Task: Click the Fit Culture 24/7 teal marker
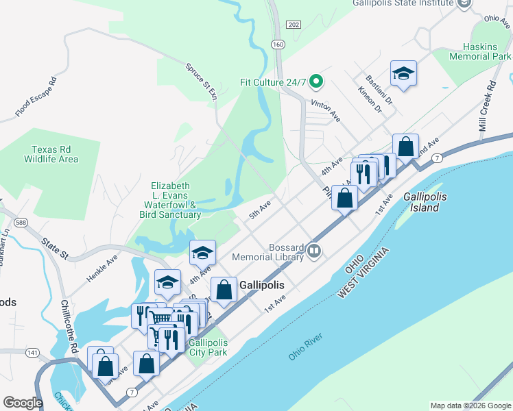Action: pyautogui.click(x=316, y=82)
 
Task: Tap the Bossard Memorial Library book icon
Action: pyautogui.click(x=314, y=251)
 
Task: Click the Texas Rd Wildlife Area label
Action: pyautogui.click(x=55, y=154)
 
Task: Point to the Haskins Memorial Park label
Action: pyautogui.click(x=480, y=51)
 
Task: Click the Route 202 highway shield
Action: pyautogui.click(x=294, y=25)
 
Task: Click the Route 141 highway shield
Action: pyautogui.click(x=32, y=353)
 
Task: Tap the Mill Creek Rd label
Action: pyautogui.click(x=488, y=107)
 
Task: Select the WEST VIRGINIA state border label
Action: pyautogui.click(x=363, y=272)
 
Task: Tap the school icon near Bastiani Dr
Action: pyautogui.click(x=403, y=73)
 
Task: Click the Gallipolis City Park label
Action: pyautogui.click(x=207, y=347)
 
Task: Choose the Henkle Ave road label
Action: pyautogui.click(x=102, y=269)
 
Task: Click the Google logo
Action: pyautogui.click(x=23, y=403)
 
